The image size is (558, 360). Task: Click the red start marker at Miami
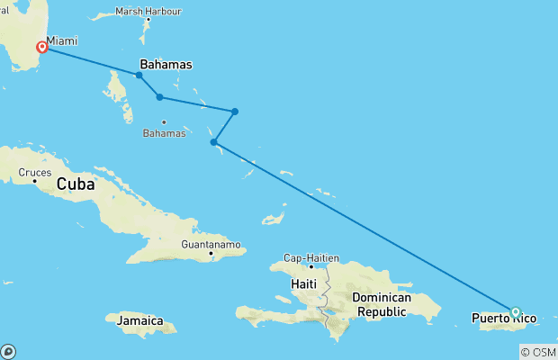[41, 47]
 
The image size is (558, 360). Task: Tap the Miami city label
[62, 41]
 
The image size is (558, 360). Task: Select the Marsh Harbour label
[148, 12]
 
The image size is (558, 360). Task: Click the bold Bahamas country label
[166, 65]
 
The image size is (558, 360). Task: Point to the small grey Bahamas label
[164, 134]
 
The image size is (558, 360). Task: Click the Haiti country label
[304, 284]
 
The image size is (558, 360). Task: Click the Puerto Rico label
[504, 318]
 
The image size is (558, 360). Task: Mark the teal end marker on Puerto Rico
[516, 312]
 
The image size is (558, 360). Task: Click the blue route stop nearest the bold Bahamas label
[139, 76]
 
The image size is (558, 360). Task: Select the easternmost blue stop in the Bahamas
[235, 112]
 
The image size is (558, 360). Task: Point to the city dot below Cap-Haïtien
[311, 266]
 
